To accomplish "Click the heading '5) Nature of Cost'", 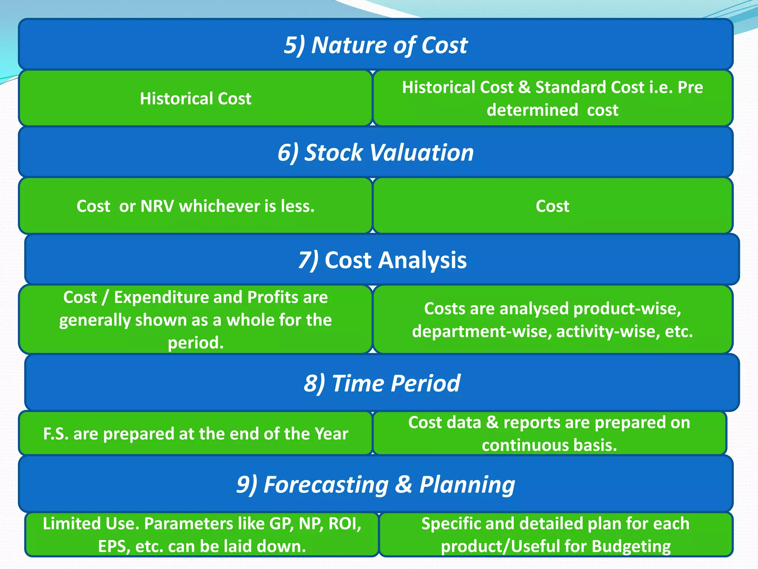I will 375,45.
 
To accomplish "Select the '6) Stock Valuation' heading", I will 375,153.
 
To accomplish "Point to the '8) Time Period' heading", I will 382,383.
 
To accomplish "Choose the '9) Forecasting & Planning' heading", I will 375,485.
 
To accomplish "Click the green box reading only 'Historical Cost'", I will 195,99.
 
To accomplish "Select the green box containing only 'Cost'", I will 552,206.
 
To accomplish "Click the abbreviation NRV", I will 157,206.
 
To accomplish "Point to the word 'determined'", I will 532,110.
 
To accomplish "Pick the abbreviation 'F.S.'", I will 56,434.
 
